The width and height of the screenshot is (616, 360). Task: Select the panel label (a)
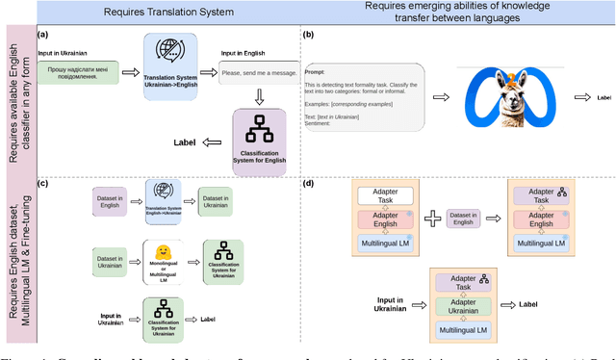42,34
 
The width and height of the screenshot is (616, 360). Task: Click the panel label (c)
42,183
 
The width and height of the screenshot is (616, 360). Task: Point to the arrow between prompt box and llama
440,97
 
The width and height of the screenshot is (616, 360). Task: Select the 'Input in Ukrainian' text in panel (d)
390,305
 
